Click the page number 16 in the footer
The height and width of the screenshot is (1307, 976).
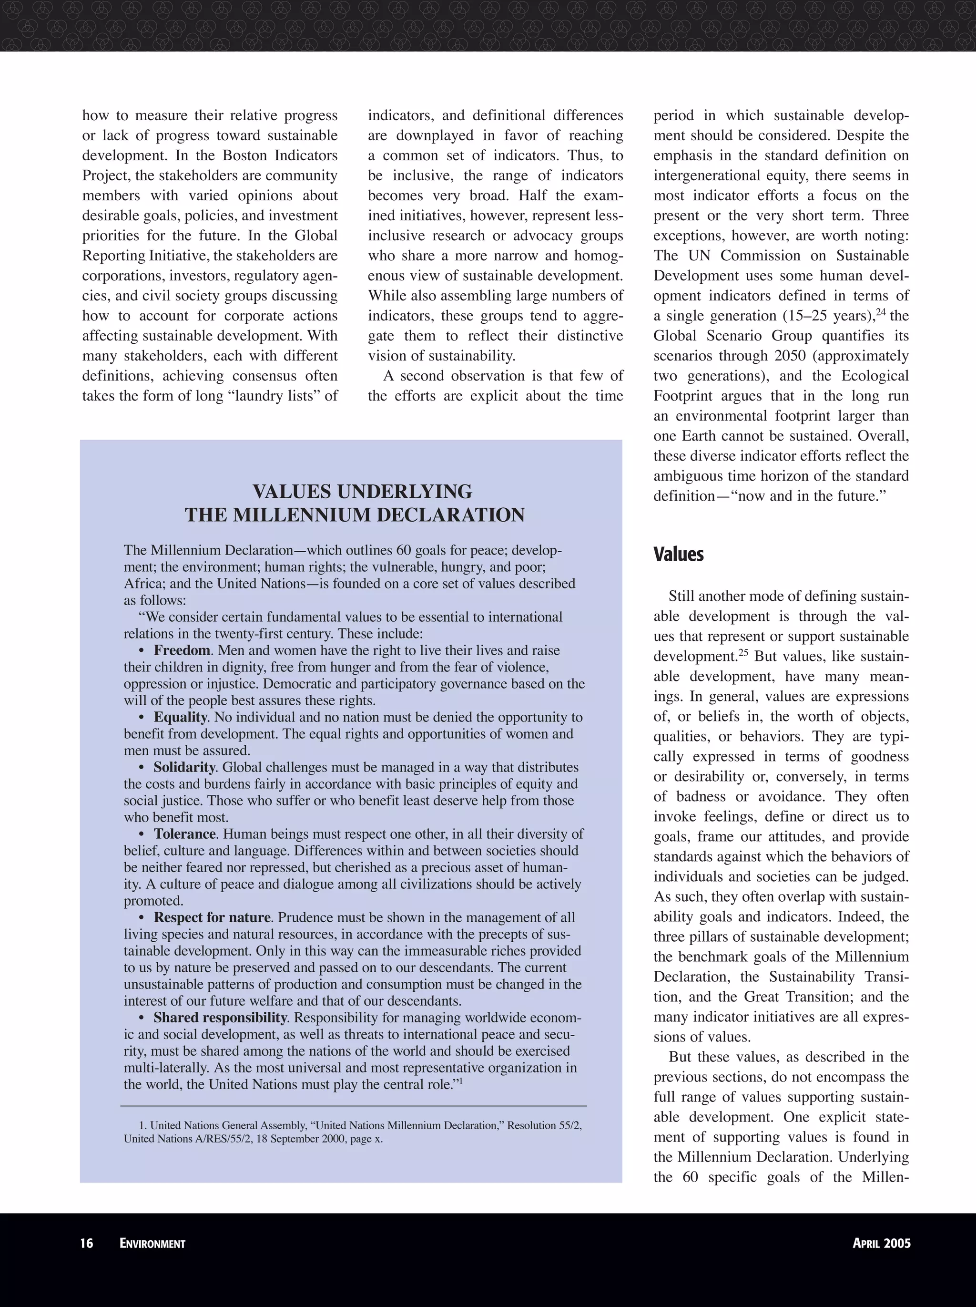click(87, 1243)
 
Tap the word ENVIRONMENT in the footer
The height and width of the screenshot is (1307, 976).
click(152, 1244)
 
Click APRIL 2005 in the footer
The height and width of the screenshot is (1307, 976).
click(882, 1243)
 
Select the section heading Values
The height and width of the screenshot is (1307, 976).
click(679, 554)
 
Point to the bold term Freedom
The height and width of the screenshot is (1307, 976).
click(182, 650)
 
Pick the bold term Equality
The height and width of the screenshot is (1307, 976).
click(180, 717)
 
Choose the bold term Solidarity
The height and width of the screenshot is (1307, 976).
click(184, 768)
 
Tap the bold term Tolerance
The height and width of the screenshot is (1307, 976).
click(185, 834)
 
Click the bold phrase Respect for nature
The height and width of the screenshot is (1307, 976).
click(212, 917)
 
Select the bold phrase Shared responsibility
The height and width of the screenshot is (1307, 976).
click(220, 1018)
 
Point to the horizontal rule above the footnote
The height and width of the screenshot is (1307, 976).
click(353, 1105)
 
